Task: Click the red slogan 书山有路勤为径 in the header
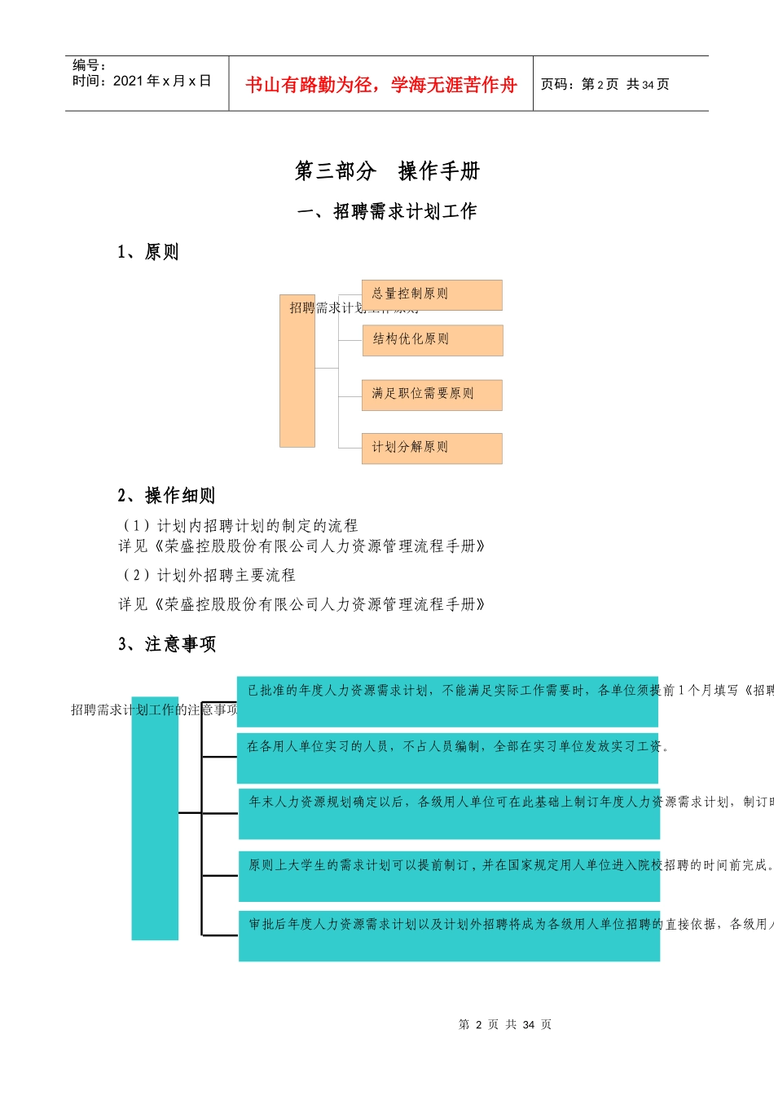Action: [x=380, y=85]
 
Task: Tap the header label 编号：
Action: [x=89, y=65]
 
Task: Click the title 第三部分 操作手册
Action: [x=387, y=171]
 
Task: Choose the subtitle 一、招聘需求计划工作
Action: [x=387, y=212]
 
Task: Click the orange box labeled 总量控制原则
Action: [x=432, y=295]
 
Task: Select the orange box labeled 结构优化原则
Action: [x=433, y=340]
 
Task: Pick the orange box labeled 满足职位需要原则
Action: [x=432, y=395]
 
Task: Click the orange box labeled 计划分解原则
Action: [x=432, y=449]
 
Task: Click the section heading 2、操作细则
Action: [x=166, y=496]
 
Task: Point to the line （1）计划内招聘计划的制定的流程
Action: [x=240, y=526]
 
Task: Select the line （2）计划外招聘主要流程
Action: [x=209, y=576]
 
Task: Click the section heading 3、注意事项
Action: [x=167, y=645]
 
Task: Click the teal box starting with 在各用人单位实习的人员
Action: [x=447, y=758]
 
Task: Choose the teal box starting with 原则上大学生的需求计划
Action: [x=449, y=875]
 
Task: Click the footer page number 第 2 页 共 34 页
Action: [x=505, y=1025]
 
